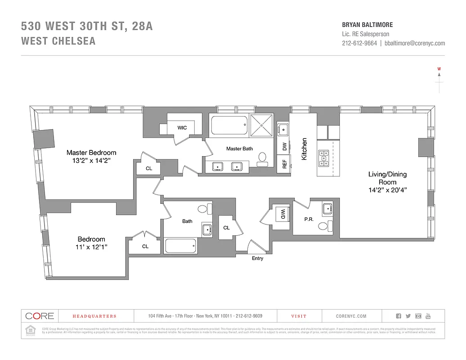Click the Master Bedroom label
(91, 153)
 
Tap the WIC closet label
(182, 128)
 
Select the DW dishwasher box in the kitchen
(284, 146)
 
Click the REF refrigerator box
(284, 164)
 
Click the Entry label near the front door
(257, 258)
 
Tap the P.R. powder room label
(309, 220)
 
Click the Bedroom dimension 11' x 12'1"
(91, 247)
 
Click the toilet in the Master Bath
(263, 158)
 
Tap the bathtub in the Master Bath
(229, 125)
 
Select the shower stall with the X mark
(261, 124)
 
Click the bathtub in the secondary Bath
(181, 246)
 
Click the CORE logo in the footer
(40, 316)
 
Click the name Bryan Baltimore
(364, 25)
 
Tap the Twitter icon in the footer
(408, 316)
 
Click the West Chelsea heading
(58, 41)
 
